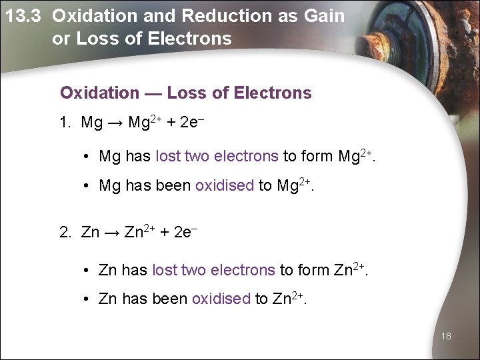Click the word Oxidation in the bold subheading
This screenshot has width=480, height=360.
click(x=99, y=93)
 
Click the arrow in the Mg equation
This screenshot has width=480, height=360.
click(x=115, y=123)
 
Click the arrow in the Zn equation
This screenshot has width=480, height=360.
click(x=112, y=233)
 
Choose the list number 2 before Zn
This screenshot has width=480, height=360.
click(x=64, y=233)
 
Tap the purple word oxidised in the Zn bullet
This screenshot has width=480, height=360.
click(x=221, y=299)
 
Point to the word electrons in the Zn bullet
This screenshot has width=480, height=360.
click(x=242, y=270)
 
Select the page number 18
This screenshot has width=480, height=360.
click(x=446, y=336)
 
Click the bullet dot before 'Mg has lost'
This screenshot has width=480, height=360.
click(x=87, y=157)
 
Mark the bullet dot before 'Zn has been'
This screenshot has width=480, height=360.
click(x=87, y=300)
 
